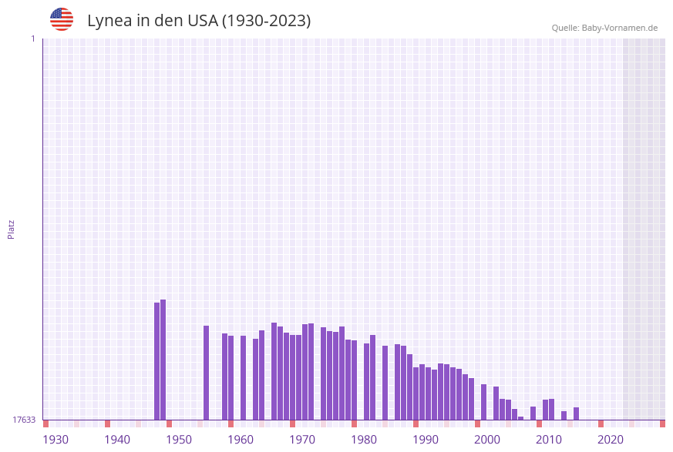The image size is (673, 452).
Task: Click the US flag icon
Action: pyautogui.click(x=62, y=19)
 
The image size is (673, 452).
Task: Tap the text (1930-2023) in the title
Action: pyautogui.click(x=267, y=21)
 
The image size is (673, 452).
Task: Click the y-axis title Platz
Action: pyautogui.click(x=12, y=229)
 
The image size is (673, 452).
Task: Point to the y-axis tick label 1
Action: pyautogui.click(x=32, y=39)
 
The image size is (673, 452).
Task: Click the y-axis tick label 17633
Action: pyautogui.click(x=24, y=420)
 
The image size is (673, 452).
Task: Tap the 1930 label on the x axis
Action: pyautogui.click(x=56, y=440)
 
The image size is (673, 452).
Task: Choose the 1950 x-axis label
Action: pyautogui.click(x=179, y=440)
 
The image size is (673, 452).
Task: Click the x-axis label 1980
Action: pyautogui.click(x=364, y=440)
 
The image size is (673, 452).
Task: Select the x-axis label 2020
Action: pyautogui.click(x=611, y=440)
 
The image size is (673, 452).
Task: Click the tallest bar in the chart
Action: pyautogui.click(x=163, y=360)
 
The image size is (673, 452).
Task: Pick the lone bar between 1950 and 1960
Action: pyautogui.click(x=207, y=373)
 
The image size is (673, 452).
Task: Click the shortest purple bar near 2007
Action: pyautogui.click(x=521, y=418)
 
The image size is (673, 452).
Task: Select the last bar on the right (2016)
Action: pyautogui.click(x=577, y=413)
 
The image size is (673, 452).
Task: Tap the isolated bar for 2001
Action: pyautogui.click(x=484, y=402)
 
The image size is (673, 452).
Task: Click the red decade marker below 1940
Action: pyautogui.click(x=108, y=424)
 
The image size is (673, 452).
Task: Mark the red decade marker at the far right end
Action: pyautogui.click(x=662, y=424)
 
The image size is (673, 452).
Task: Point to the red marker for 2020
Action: pyautogui.click(x=601, y=424)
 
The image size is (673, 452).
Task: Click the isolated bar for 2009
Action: pyautogui.click(x=533, y=413)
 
